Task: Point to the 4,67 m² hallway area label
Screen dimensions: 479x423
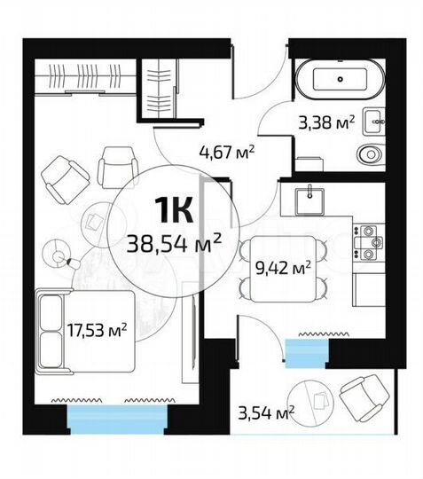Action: [x=227, y=150]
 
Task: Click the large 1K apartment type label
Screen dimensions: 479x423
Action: [x=175, y=210]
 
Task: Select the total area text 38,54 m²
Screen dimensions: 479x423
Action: [x=176, y=239]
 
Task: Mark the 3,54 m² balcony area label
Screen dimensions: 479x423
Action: [x=265, y=412]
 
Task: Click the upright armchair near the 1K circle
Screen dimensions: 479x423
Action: [x=118, y=166]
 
